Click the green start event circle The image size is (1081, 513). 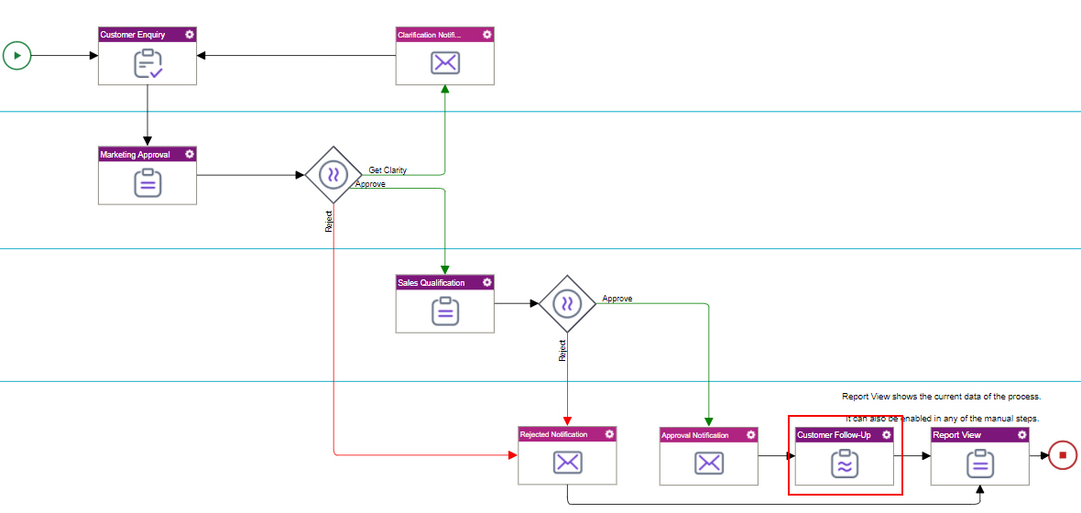coord(16,55)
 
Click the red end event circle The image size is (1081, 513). coord(1063,454)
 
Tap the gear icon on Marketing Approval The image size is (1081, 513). coord(190,154)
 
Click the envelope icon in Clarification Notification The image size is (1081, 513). coord(445,63)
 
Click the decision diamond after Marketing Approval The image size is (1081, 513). coord(333,174)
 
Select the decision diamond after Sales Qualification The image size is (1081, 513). coord(568,302)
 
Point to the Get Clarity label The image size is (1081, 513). coord(388,170)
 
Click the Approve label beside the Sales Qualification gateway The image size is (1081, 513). coord(617,299)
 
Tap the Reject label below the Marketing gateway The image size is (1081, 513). coord(329,221)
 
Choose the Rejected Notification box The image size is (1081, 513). coord(567,455)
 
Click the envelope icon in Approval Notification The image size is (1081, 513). coord(709,464)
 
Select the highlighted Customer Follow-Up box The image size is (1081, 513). coord(844,455)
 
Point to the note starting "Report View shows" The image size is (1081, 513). coord(941,397)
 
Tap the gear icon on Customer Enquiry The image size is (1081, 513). coord(190,35)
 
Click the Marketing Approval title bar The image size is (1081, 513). coord(137,154)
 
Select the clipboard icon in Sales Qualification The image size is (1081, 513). coord(445,311)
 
